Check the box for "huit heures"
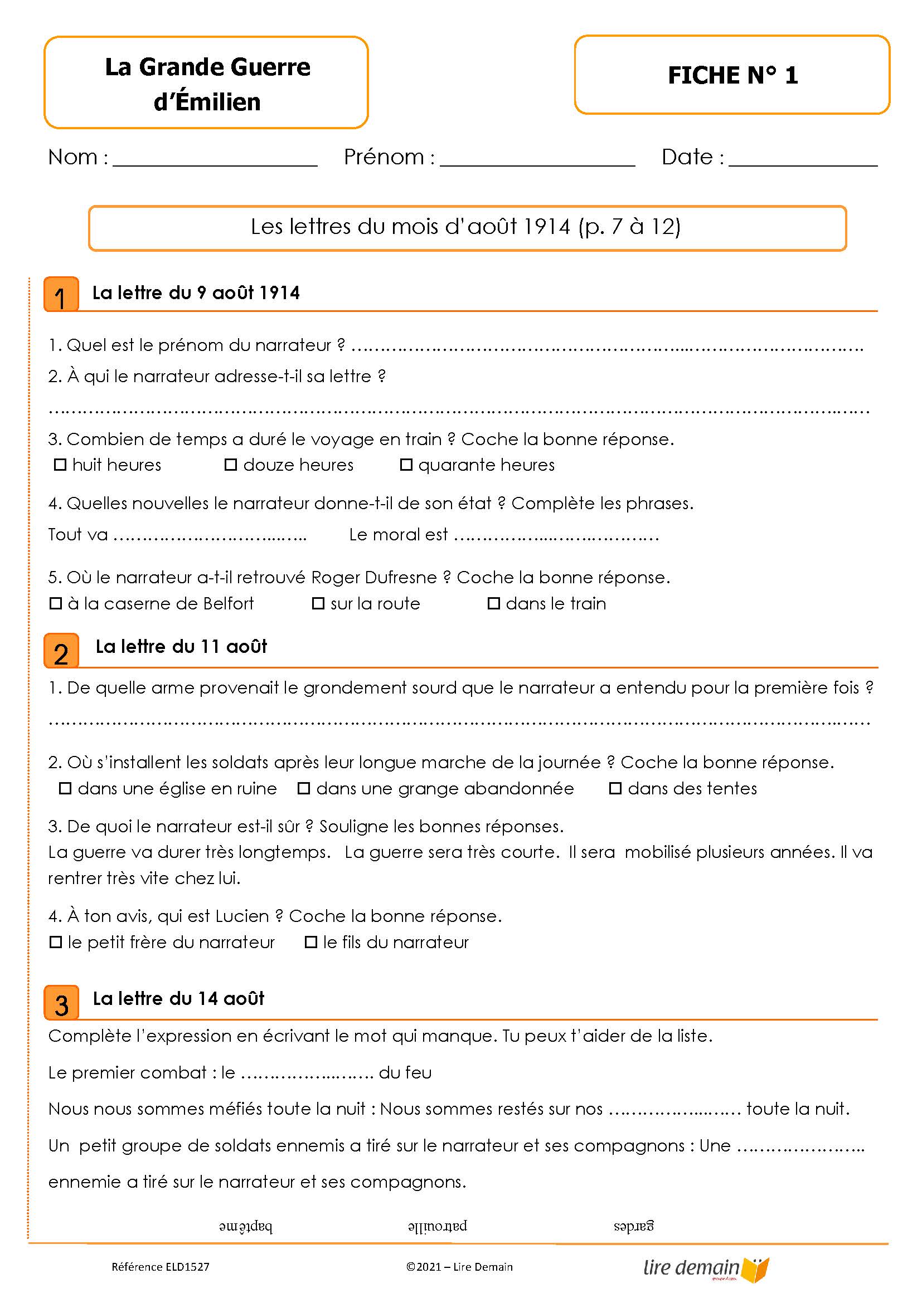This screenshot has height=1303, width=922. click(60, 465)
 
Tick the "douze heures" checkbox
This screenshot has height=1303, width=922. click(231, 465)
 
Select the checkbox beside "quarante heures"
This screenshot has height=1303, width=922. click(406, 465)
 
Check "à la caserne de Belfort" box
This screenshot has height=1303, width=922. click(56, 603)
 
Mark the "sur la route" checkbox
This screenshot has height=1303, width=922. click(318, 603)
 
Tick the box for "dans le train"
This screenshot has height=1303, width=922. click(493, 603)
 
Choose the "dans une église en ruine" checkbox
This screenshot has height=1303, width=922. click(65, 788)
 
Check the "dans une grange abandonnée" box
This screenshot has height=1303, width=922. click(304, 788)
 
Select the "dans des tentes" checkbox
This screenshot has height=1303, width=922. click(615, 788)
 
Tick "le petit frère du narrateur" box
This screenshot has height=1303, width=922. click(56, 942)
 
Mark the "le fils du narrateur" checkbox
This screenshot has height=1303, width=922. click(310, 942)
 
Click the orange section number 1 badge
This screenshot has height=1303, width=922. click(61, 295)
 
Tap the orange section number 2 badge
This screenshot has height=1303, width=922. click(61, 651)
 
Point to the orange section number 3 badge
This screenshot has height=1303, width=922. click(61, 1003)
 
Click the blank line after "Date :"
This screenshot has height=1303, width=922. click(802, 159)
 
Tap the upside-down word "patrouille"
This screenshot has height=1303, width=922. click(437, 1226)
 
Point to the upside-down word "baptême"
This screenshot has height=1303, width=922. click(246, 1227)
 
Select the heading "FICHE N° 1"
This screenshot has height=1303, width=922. click(732, 75)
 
